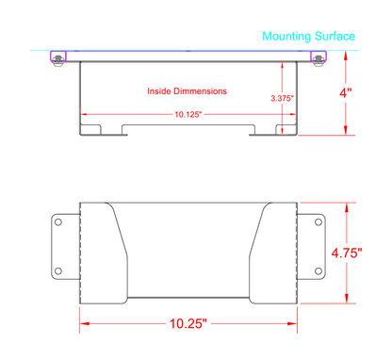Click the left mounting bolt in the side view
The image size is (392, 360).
[x=59, y=60]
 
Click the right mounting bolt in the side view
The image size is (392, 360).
[x=318, y=60]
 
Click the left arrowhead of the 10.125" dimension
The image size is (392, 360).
[x=85, y=114]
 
